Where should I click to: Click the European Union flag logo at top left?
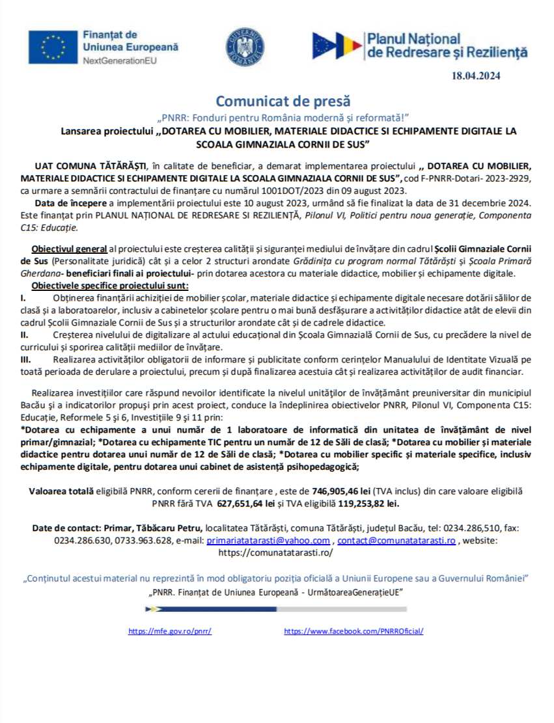(x=53, y=47)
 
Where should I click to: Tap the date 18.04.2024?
(x=476, y=76)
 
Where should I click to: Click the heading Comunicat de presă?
(x=283, y=102)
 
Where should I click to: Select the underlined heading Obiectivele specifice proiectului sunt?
(x=111, y=286)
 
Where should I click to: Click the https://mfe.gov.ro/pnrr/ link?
(x=170, y=631)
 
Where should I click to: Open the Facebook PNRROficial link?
(x=354, y=631)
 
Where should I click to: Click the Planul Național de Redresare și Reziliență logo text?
(x=446, y=46)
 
